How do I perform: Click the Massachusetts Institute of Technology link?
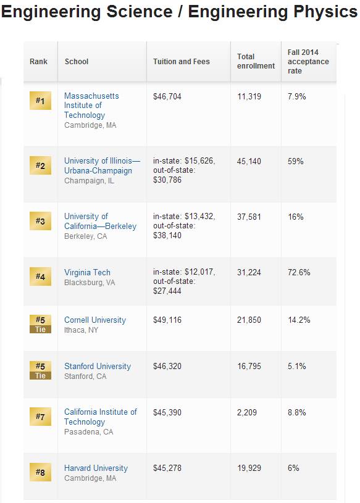coord(91,105)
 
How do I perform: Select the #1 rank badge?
coord(40,101)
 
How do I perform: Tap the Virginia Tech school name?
coord(87,272)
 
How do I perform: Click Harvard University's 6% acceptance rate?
coord(293,468)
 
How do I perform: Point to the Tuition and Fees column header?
coord(182,61)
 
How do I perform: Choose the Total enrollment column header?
coord(256,61)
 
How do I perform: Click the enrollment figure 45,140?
coord(249,161)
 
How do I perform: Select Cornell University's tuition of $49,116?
coord(167,320)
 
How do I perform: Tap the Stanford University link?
coord(98,367)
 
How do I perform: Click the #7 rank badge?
coord(40,417)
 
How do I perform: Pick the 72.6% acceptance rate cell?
coord(299,272)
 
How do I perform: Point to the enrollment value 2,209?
coord(247,412)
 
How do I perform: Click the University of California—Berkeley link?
coord(100,221)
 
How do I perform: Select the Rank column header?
coord(38,61)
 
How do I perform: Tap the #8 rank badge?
coord(40,472)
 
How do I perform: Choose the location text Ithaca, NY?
coord(81,330)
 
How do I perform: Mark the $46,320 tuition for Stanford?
coord(167,366)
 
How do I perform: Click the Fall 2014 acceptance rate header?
coord(308,61)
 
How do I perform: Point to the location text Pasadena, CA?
coord(88,432)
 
